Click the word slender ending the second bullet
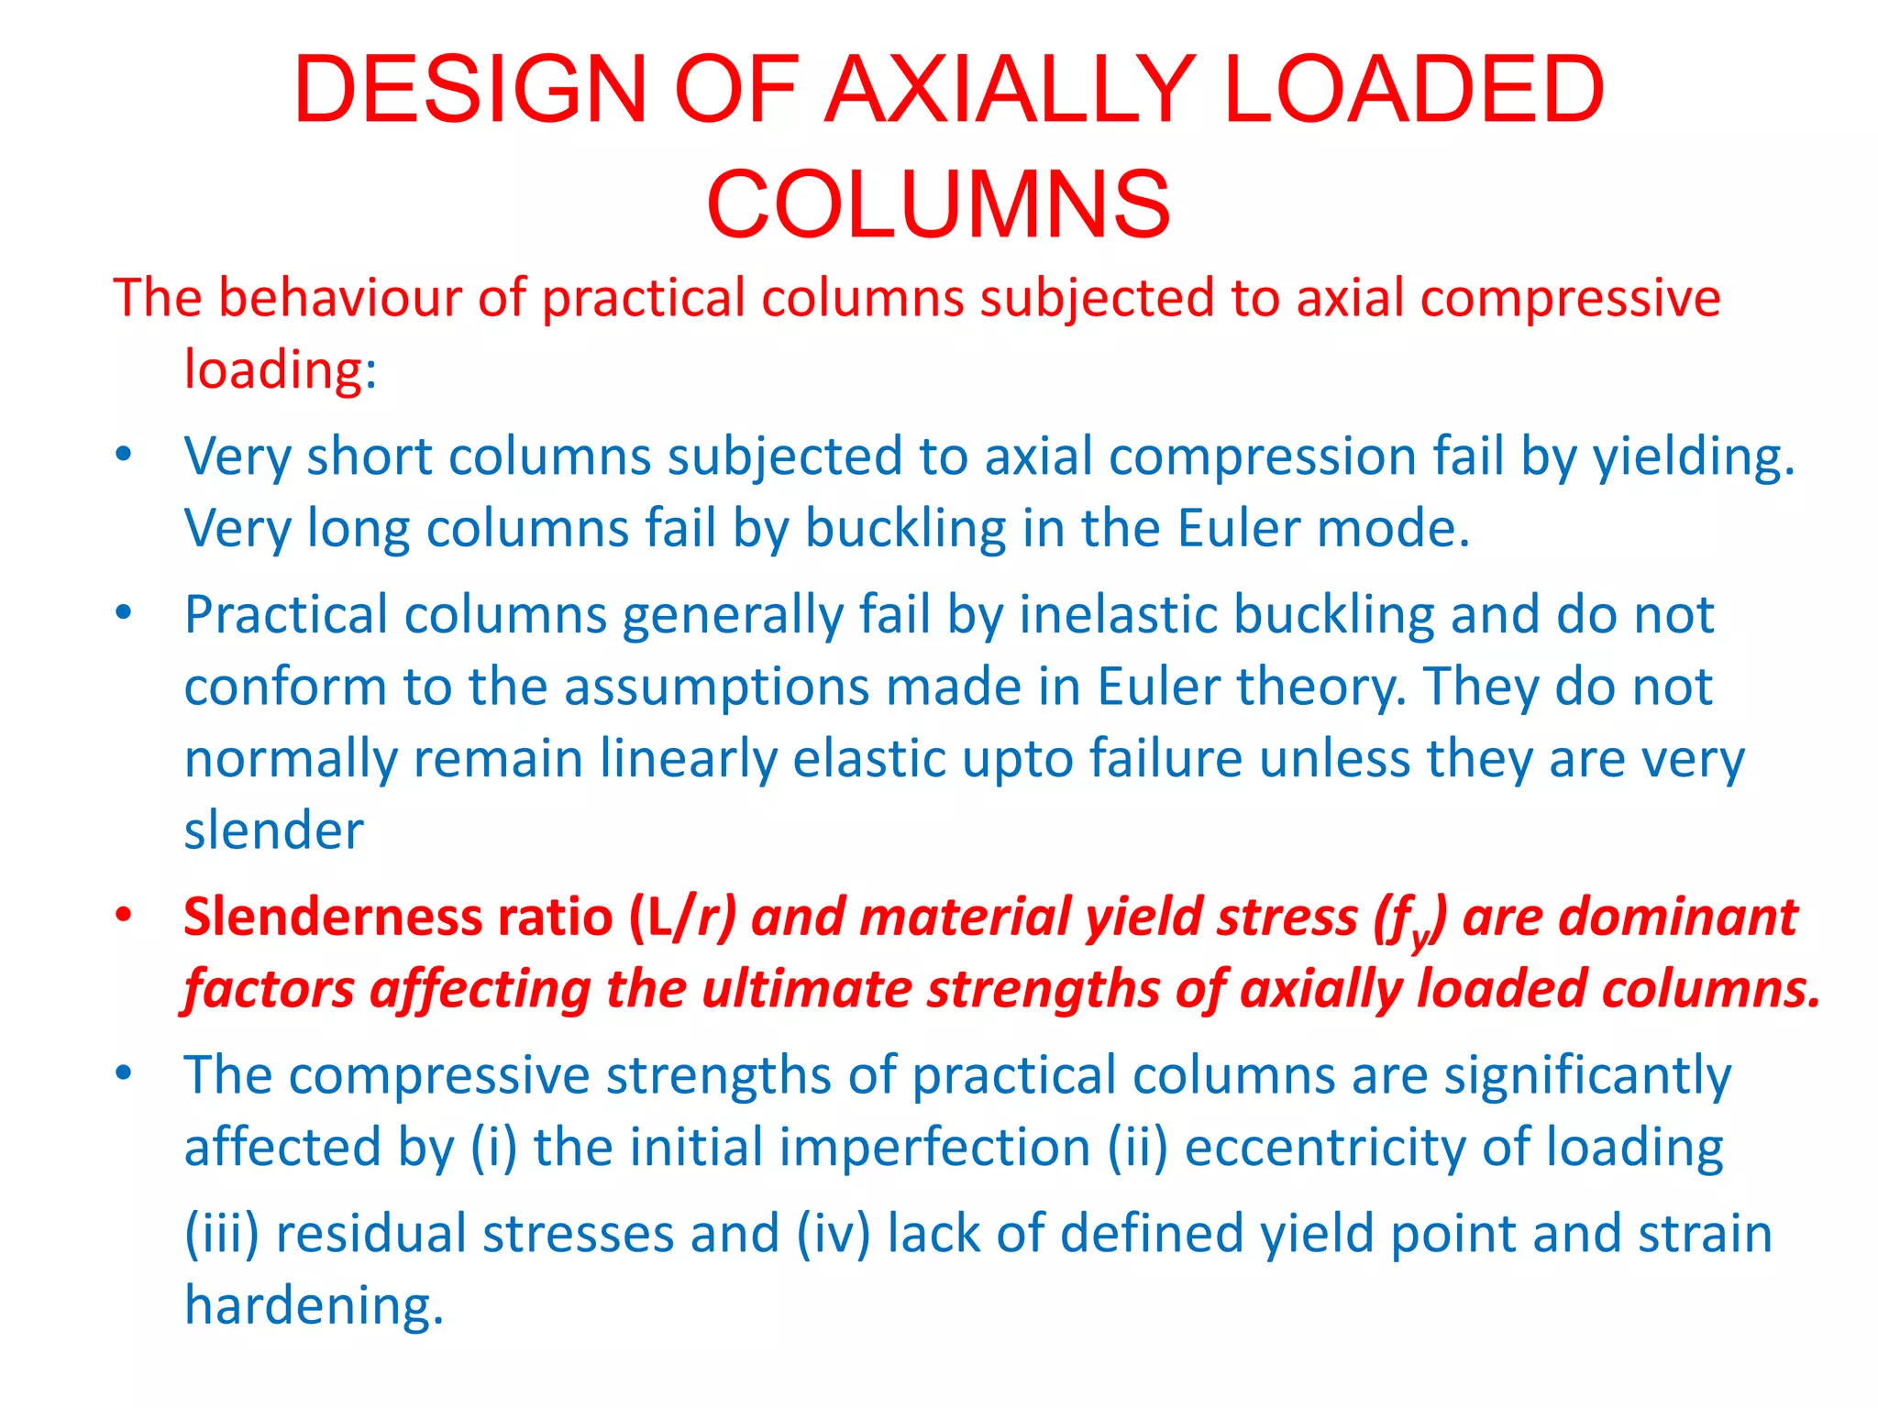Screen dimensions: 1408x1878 [x=273, y=831]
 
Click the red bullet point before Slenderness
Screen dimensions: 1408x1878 [x=124, y=916]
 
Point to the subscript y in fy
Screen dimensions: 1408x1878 [x=1420, y=938]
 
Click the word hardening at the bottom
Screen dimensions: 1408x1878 [x=314, y=1306]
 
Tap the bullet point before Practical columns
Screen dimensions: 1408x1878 [x=124, y=613]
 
